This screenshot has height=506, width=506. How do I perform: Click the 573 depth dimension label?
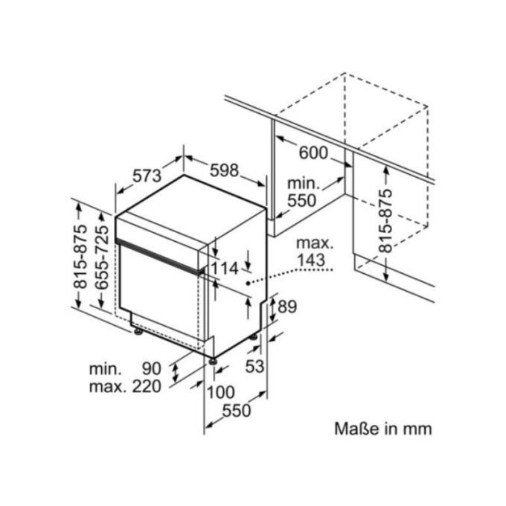point(147,176)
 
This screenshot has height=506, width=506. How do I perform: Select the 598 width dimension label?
point(224,170)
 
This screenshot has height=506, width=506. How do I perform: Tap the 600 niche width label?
point(313,153)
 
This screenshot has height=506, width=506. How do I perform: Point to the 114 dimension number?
point(225,268)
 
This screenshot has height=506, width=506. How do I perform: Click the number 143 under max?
point(311,260)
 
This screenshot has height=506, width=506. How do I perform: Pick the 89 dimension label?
point(287,307)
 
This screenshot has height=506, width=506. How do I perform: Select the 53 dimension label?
point(254,366)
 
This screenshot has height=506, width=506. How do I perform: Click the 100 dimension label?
point(220,392)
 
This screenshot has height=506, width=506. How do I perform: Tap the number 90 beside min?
point(151,368)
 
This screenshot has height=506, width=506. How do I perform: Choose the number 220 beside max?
point(147,386)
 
